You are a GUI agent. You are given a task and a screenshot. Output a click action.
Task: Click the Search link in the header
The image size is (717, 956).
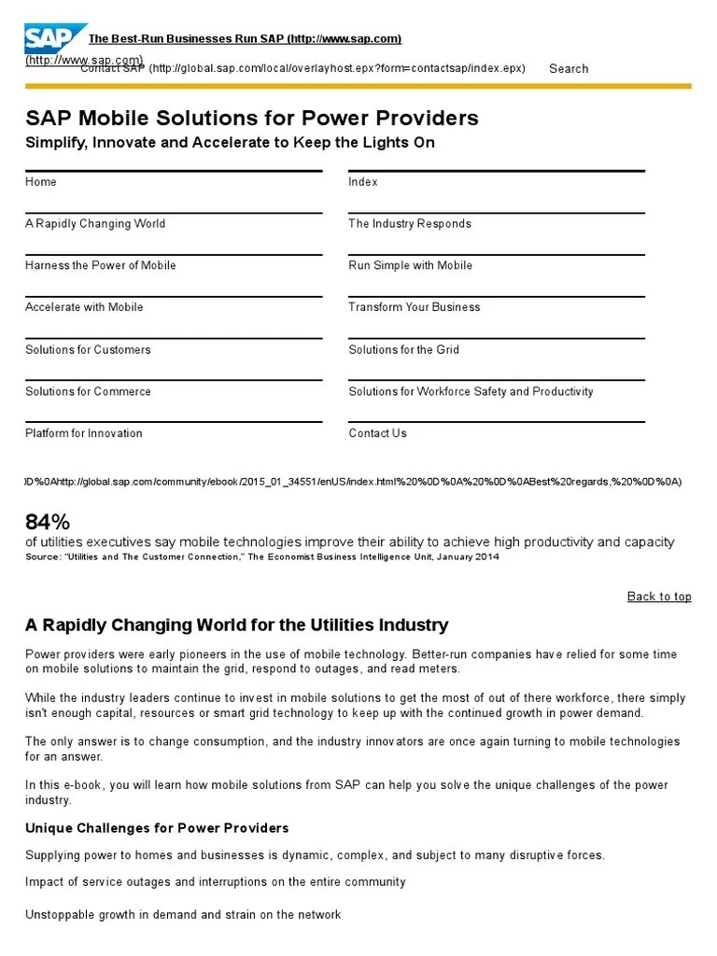569,68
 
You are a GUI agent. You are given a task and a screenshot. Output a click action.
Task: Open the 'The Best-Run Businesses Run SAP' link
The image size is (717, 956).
245,38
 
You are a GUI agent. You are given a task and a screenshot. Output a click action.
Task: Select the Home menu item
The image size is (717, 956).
41,182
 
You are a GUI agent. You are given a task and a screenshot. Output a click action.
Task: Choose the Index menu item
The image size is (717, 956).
363,182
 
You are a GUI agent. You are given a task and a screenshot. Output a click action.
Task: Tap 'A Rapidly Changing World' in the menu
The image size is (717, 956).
95,224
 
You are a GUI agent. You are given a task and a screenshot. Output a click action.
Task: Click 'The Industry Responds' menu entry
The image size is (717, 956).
410,224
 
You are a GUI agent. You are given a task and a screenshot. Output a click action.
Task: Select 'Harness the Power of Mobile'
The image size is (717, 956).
101,266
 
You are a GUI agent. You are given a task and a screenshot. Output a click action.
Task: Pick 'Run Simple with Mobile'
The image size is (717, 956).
411,266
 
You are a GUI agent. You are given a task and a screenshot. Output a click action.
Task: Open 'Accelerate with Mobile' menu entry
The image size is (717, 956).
84,307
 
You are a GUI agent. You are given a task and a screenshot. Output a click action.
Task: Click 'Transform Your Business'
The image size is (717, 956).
415,307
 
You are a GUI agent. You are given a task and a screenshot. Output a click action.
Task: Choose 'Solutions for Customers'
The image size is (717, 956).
88,350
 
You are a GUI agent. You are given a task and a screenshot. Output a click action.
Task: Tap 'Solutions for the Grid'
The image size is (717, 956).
404,350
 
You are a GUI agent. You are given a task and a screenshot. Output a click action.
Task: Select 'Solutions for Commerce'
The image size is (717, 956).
88,392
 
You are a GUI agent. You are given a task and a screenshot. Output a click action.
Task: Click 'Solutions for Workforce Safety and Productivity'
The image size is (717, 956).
471,392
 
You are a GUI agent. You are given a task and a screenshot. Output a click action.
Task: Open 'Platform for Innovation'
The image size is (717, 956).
84,433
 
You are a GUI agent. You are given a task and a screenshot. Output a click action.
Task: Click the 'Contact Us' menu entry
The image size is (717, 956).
378,433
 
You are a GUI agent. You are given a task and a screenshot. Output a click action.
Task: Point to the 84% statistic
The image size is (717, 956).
48,521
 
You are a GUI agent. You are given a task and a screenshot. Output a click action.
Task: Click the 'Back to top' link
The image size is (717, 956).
659,597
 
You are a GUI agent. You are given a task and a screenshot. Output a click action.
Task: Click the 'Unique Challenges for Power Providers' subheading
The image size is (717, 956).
157,828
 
